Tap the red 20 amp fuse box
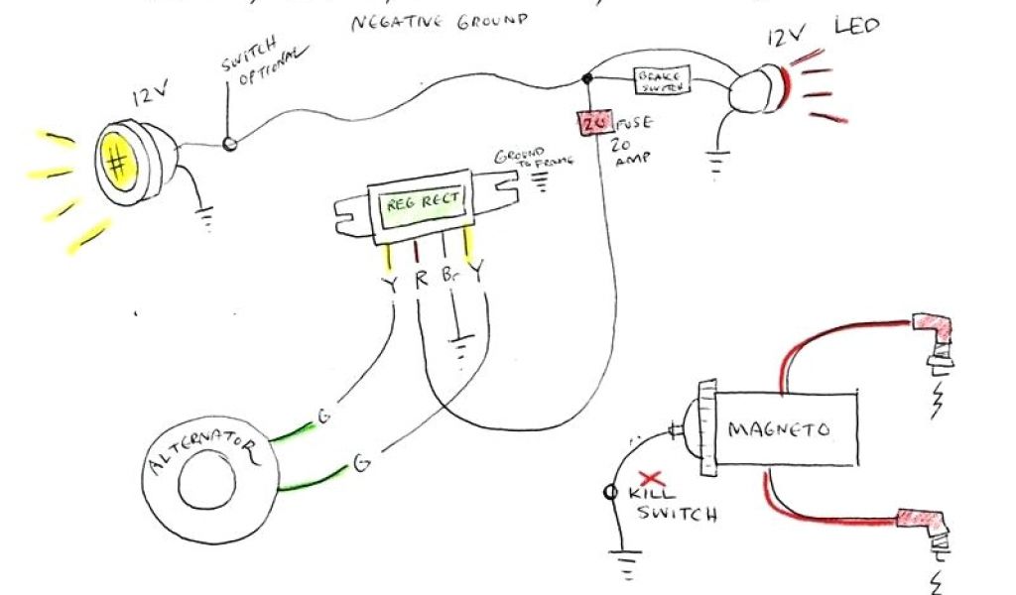click(593, 124)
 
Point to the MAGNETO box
click(778, 429)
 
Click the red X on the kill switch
click(651, 477)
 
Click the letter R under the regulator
click(421, 281)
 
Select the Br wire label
click(448, 281)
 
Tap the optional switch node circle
click(230, 144)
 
